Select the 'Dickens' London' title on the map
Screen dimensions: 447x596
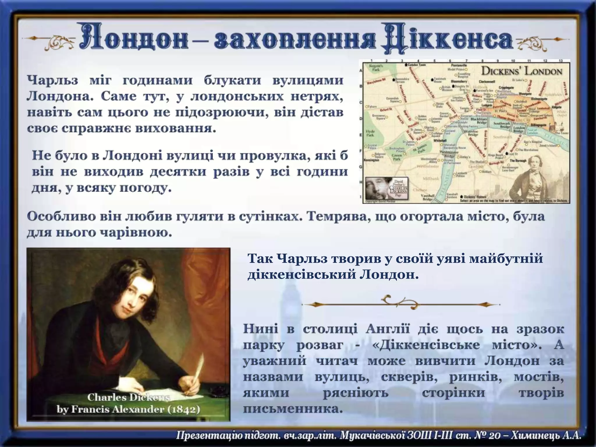pos(521,71)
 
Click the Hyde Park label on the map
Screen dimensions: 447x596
pos(370,133)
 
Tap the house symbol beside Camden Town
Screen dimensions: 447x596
pos(407,65)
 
